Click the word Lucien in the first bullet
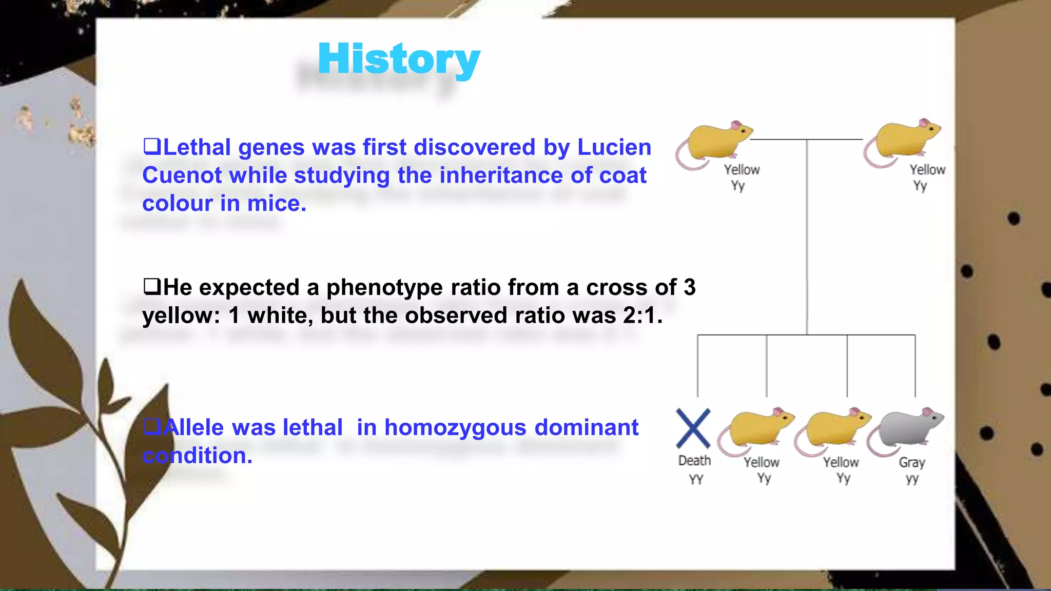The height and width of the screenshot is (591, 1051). point(614,147)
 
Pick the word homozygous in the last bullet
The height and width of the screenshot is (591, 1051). point(456,427)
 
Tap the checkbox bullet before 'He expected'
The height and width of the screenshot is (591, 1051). point(151,286)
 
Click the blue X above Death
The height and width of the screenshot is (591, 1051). point(693,428)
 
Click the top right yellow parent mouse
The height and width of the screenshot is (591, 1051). point(904,141)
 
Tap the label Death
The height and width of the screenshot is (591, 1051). point(694,461)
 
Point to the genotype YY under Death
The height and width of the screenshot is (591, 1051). point(696,480)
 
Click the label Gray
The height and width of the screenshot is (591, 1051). point(912,462)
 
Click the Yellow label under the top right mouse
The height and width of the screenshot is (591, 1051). point(927,170)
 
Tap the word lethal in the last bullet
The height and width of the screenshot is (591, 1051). point(313,427)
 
